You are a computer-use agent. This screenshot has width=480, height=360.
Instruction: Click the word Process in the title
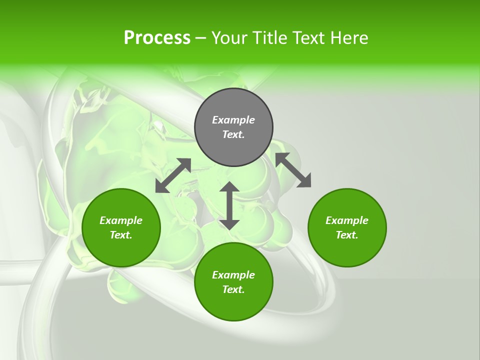click(157, 38)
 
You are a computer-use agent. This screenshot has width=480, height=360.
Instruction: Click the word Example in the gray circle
click(233, 120)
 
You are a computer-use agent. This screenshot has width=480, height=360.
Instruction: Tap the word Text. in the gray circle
click(233, 134)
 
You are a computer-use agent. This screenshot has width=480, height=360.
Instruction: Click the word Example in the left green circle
click(121, 220)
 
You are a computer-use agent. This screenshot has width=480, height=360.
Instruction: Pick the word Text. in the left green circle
click(121, 235)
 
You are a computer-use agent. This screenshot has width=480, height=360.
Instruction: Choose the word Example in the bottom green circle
click(233, 275)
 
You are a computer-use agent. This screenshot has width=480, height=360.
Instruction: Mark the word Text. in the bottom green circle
click(233, 289)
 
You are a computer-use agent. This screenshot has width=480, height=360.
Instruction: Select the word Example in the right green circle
click(347, 220)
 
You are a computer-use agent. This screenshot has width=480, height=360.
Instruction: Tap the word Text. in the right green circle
click(347, 235)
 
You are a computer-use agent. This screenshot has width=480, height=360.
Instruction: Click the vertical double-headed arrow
click(229, 205)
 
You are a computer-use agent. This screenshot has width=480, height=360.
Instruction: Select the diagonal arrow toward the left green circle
click(173, 175)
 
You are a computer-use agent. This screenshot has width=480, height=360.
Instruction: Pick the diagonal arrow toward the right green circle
click(293, 170)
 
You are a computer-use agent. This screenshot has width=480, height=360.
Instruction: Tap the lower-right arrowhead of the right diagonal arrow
click(304, 181)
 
